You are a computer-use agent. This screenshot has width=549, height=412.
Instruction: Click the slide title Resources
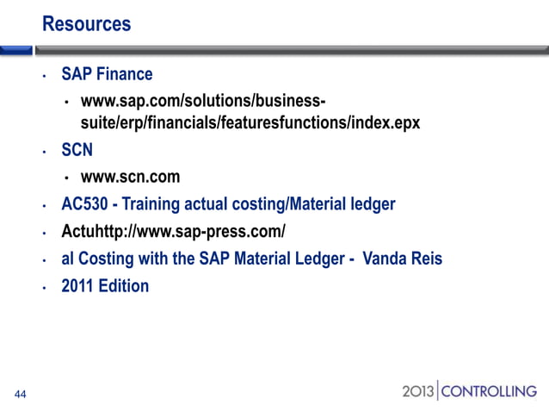tap(86, 23)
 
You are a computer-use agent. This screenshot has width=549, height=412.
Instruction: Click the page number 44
tap(20, 396)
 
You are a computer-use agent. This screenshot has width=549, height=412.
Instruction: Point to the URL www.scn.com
tap(130, 178)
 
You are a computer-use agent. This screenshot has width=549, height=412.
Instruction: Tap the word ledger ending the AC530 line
tap(370, 204)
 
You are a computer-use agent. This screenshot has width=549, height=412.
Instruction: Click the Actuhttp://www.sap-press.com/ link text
tap(173, 232)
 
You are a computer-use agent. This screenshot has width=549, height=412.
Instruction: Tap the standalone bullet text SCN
tap(77, 150)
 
